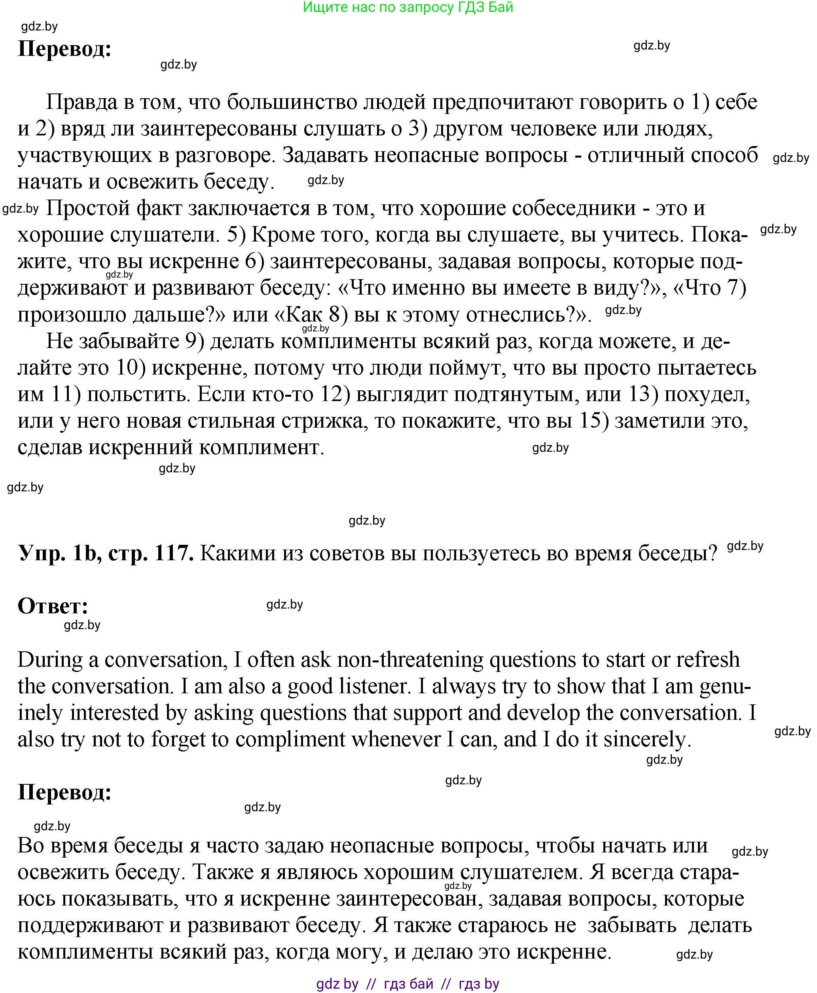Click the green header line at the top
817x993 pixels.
pyautogui.click(x=408, y=8)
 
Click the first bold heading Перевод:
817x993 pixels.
pyautogui.click(x=64, y=49)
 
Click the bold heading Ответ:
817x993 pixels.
pyautogui.click(x=53, y=605)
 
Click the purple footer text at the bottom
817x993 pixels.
pyautogui.click(x=408, y=983)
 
